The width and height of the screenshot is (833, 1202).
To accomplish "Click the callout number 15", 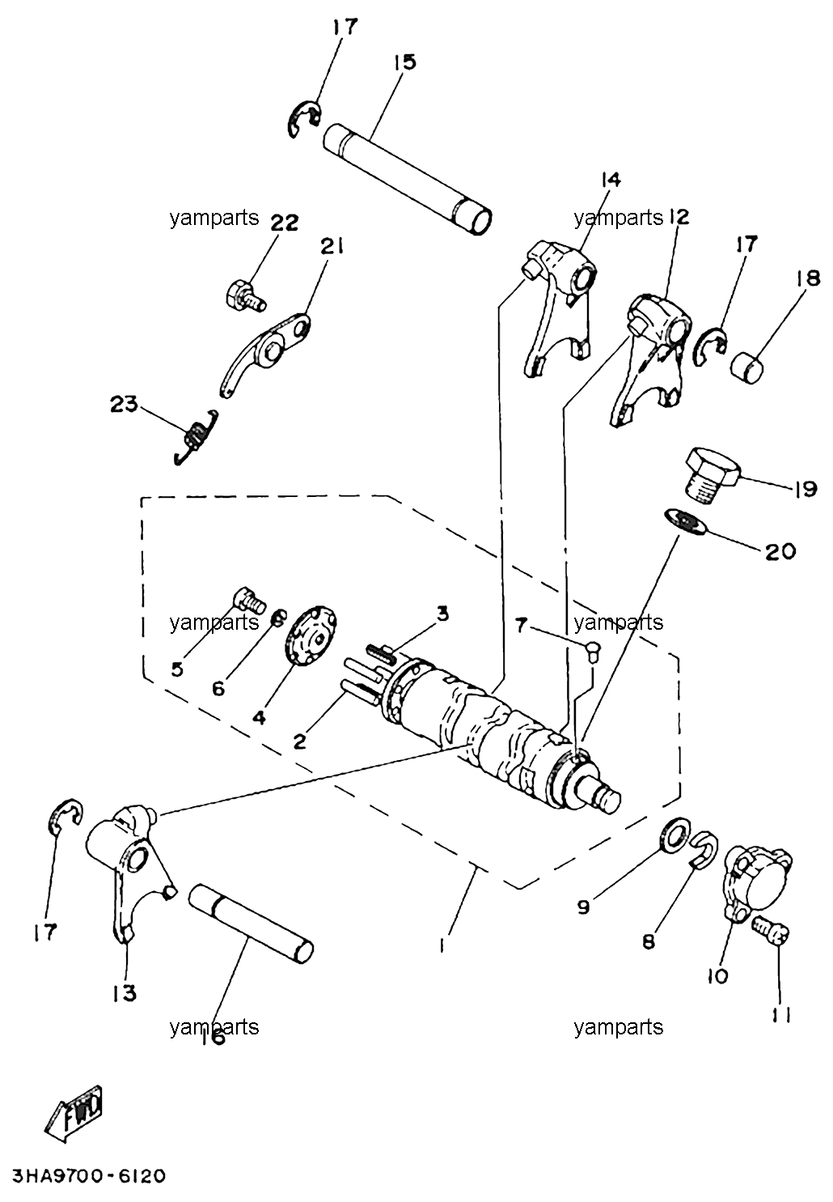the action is tap(404, 62).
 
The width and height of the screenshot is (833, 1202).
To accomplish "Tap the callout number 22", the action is tap(284, 222).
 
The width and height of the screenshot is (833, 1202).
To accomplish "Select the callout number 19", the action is tap(806, 489).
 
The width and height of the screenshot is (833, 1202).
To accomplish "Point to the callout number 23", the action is tap(124, 404).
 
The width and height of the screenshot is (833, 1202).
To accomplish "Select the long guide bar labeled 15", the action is tap(408, 179).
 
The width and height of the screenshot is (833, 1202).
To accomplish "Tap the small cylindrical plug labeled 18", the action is tap(748, 367).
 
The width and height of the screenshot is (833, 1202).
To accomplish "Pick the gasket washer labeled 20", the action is tap(686, 521).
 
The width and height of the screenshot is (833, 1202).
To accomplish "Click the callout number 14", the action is tap(611, 180).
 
